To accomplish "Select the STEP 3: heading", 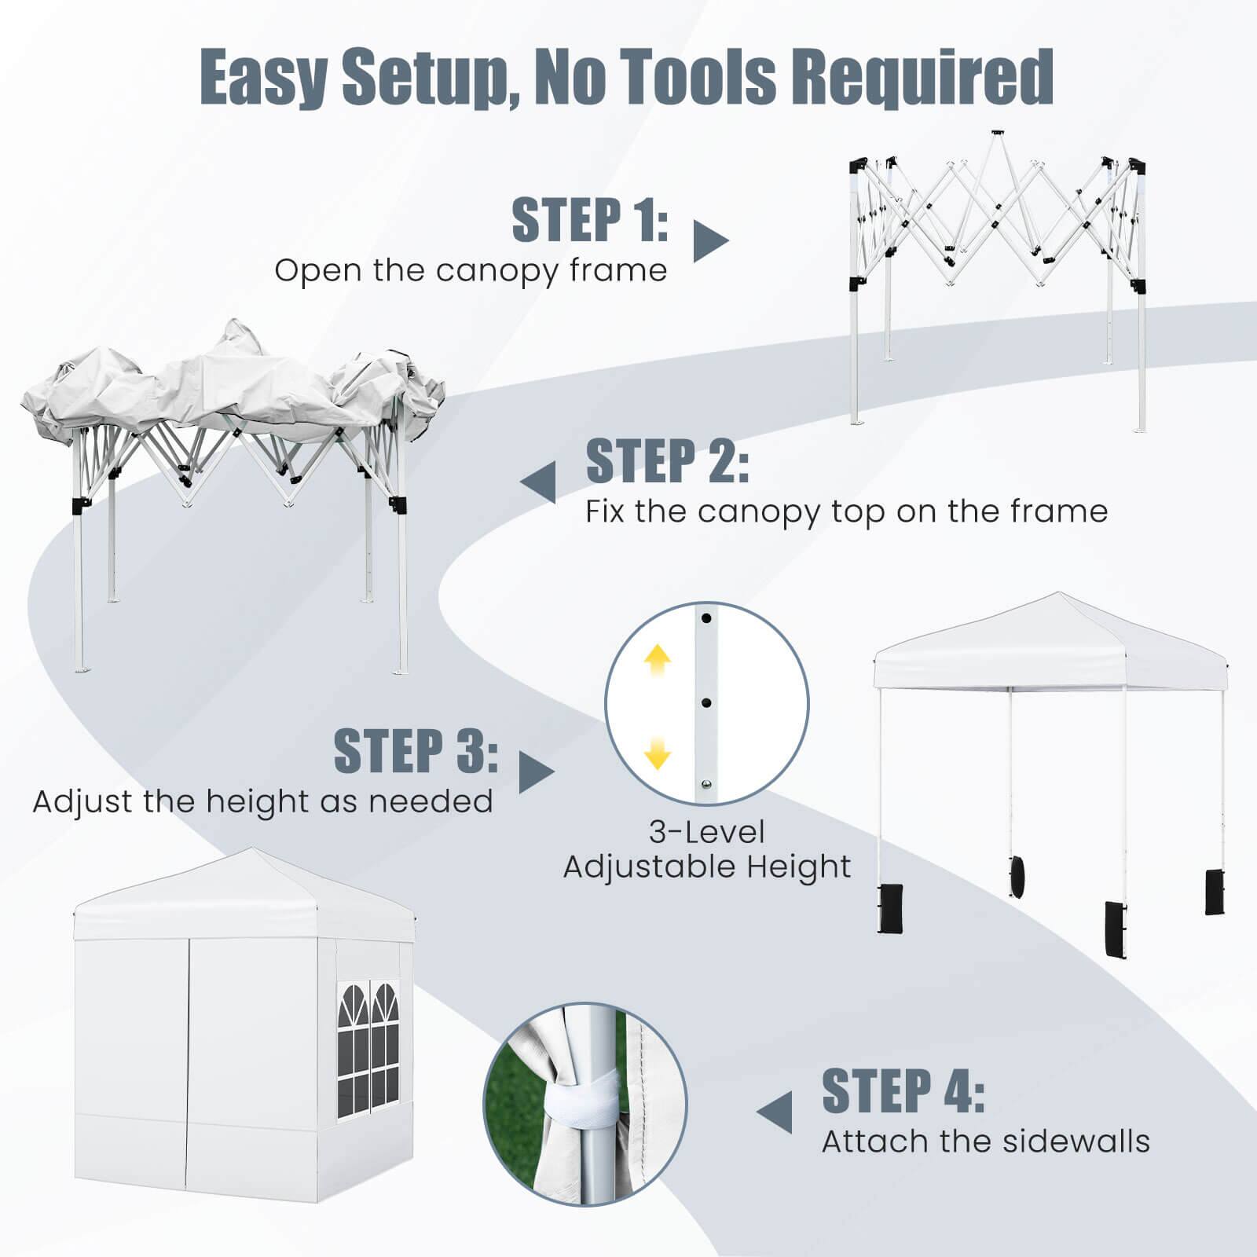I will click(x=416, y=750).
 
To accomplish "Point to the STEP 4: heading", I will click(x=903, y=1091).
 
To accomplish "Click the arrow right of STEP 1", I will click(x=709, y=241).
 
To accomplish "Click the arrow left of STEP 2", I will click(x=539, y=482).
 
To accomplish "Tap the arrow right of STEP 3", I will click(x=536, y=772).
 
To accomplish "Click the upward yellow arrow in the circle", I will click(x=658, y=661).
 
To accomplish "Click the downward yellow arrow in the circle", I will click(x=658, y=753).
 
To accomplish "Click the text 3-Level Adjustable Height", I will click(x=706, y=849).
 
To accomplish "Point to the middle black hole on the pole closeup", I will click(x=706, y=702).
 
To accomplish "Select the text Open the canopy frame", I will click(x=471, y=270).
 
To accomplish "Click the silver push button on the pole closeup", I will click(x=706, y=784).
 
